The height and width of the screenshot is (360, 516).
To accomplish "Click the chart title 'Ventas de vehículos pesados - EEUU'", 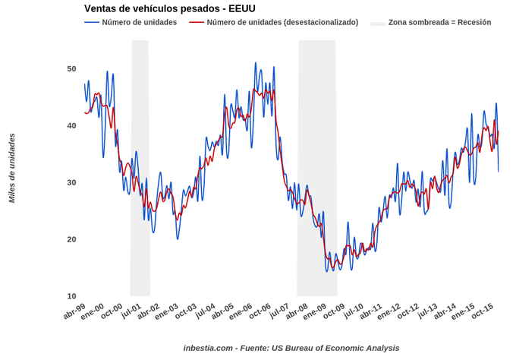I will point(169,8).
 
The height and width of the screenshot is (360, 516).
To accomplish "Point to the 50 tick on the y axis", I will point(71,69).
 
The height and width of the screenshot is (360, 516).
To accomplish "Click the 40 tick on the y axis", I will point(71,126).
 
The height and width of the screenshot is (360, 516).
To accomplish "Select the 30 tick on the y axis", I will point(71,183).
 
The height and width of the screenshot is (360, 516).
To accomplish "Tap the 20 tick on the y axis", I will point(71,240).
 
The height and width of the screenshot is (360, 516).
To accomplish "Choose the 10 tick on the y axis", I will point(71,296).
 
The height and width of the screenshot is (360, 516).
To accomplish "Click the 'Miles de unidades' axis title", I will point(12,168).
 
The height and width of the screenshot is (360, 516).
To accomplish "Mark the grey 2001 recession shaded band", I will point(140,167).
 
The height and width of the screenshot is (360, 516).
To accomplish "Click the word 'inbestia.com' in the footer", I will point(208,348).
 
